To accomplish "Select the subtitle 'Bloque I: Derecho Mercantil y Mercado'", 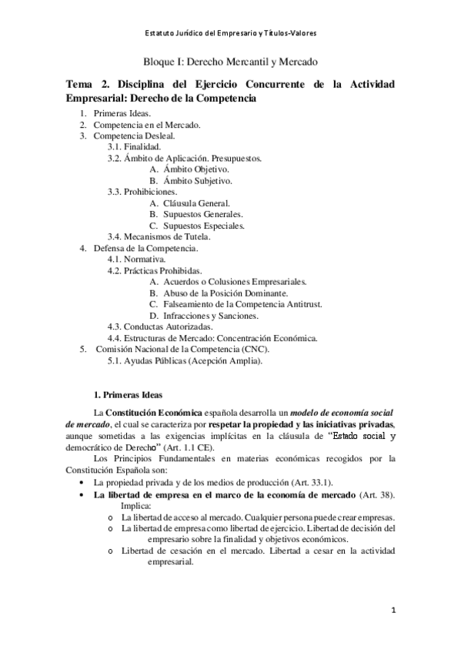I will (x=231, y=60).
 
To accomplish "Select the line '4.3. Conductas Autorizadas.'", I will (x=158, y=326).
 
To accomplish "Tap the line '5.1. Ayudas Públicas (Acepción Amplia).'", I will (x=185, y=360).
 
